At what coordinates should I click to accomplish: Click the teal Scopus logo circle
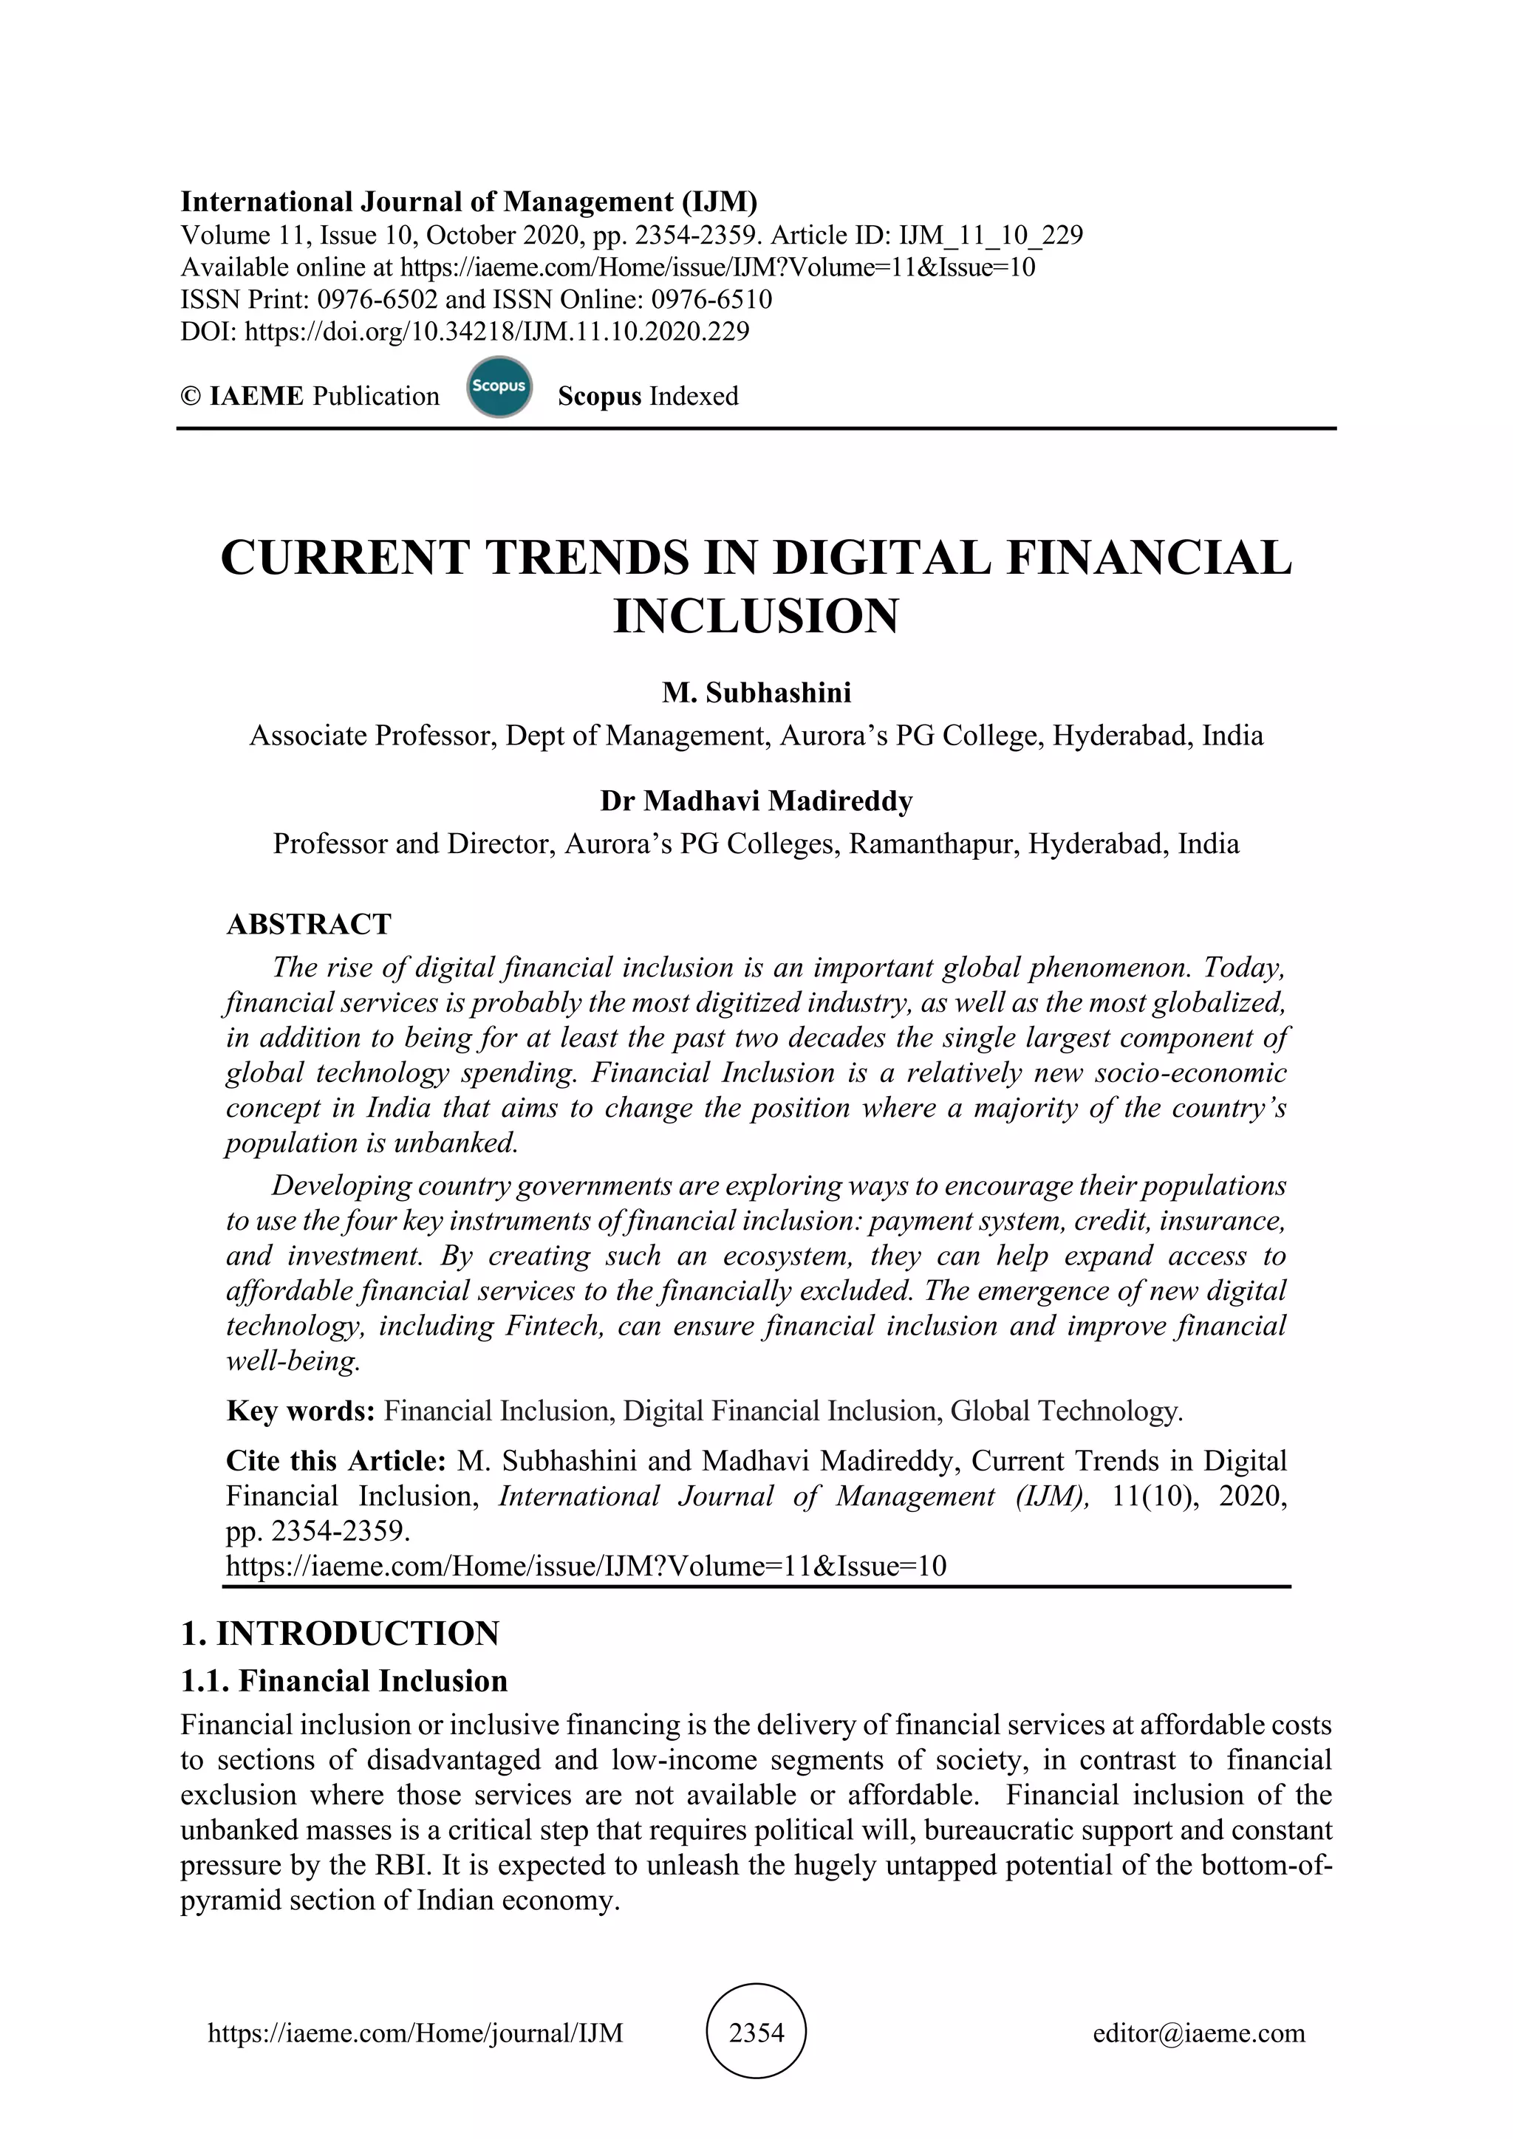coord(499,386)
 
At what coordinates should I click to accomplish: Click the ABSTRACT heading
coord(310,924)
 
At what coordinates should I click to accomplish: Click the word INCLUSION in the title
coord(756,616)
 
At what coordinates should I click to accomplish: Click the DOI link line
coord(465,332)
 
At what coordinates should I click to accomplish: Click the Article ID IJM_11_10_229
coord(991,235)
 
